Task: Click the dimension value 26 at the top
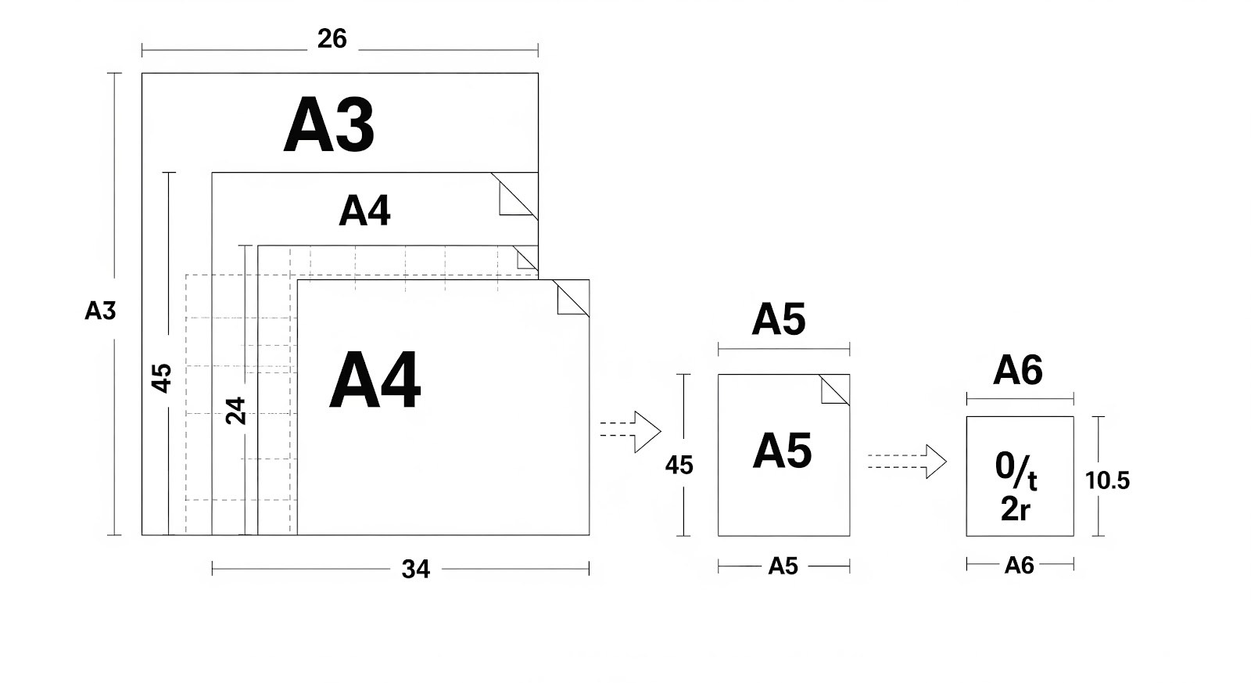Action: (332, 38)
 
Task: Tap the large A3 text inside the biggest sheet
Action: (329, 125)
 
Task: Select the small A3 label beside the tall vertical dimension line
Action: (100, 311)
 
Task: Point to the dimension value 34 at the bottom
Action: (415, 569)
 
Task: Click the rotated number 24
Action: (235, 411)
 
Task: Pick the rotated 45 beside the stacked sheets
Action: (161, 378)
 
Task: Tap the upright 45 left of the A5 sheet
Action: (679, 466)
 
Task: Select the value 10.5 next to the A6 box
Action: (1107, 480)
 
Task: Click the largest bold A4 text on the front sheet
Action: (375, 381)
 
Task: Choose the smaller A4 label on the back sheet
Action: (364, 210)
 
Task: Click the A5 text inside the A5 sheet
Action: (782, 451)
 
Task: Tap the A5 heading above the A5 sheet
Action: (778, 319)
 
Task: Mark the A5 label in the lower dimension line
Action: (783, 566)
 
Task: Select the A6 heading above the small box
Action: (1017, 370)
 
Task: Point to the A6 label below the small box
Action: (1019, 565)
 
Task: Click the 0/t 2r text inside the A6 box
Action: (1016, 486)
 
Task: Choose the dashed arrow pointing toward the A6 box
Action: (908, 462)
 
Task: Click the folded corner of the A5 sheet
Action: (834, 390)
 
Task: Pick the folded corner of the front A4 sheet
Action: (572, 299)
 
